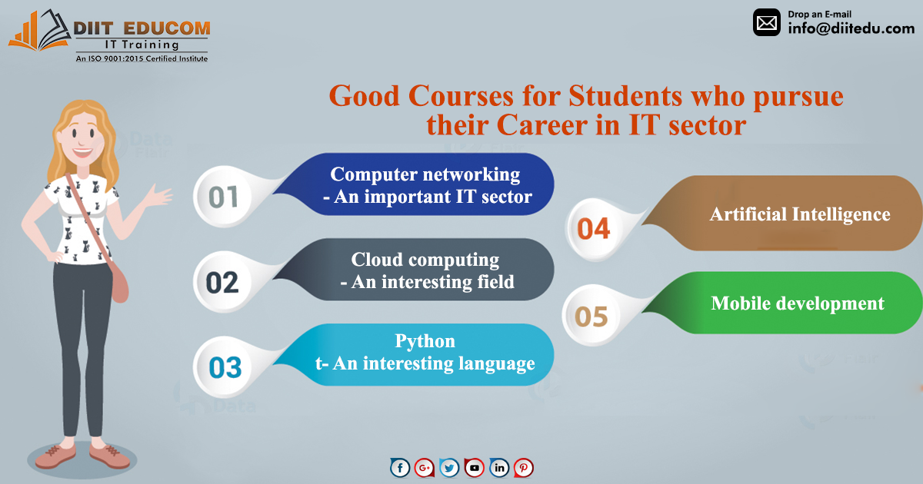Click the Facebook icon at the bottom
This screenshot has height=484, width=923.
click(x=400, y=468)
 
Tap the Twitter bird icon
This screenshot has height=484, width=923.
click(x=449, y=468)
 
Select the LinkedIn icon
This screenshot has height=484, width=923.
click(x=499, y=468)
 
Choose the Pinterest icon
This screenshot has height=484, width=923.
click(x=524, y=468)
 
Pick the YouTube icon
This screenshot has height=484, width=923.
click(x=475, y=468)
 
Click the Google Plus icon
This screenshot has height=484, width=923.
click(x=425, y=468)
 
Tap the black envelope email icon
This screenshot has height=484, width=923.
click(x=766, y=22)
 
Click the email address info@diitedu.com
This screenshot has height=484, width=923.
click(x=851, y=28)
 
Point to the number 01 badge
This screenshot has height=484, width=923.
click(x=223, y=197)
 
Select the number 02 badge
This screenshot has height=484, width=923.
click(x=222, y=283)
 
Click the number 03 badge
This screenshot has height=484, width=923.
click(x=225, y=367)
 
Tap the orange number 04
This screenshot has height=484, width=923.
click(x=593, y=229)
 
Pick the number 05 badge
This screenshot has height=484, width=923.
click(x=591, y=316)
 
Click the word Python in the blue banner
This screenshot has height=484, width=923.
click(x=425, y=341)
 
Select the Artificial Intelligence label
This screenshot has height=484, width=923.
click(x=800, y=214)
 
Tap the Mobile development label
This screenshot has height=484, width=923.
click(x=798, y=303)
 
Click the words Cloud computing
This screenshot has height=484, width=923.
click(x=425, y=260)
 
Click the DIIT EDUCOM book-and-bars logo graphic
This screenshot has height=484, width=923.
click(x=39, y=31)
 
